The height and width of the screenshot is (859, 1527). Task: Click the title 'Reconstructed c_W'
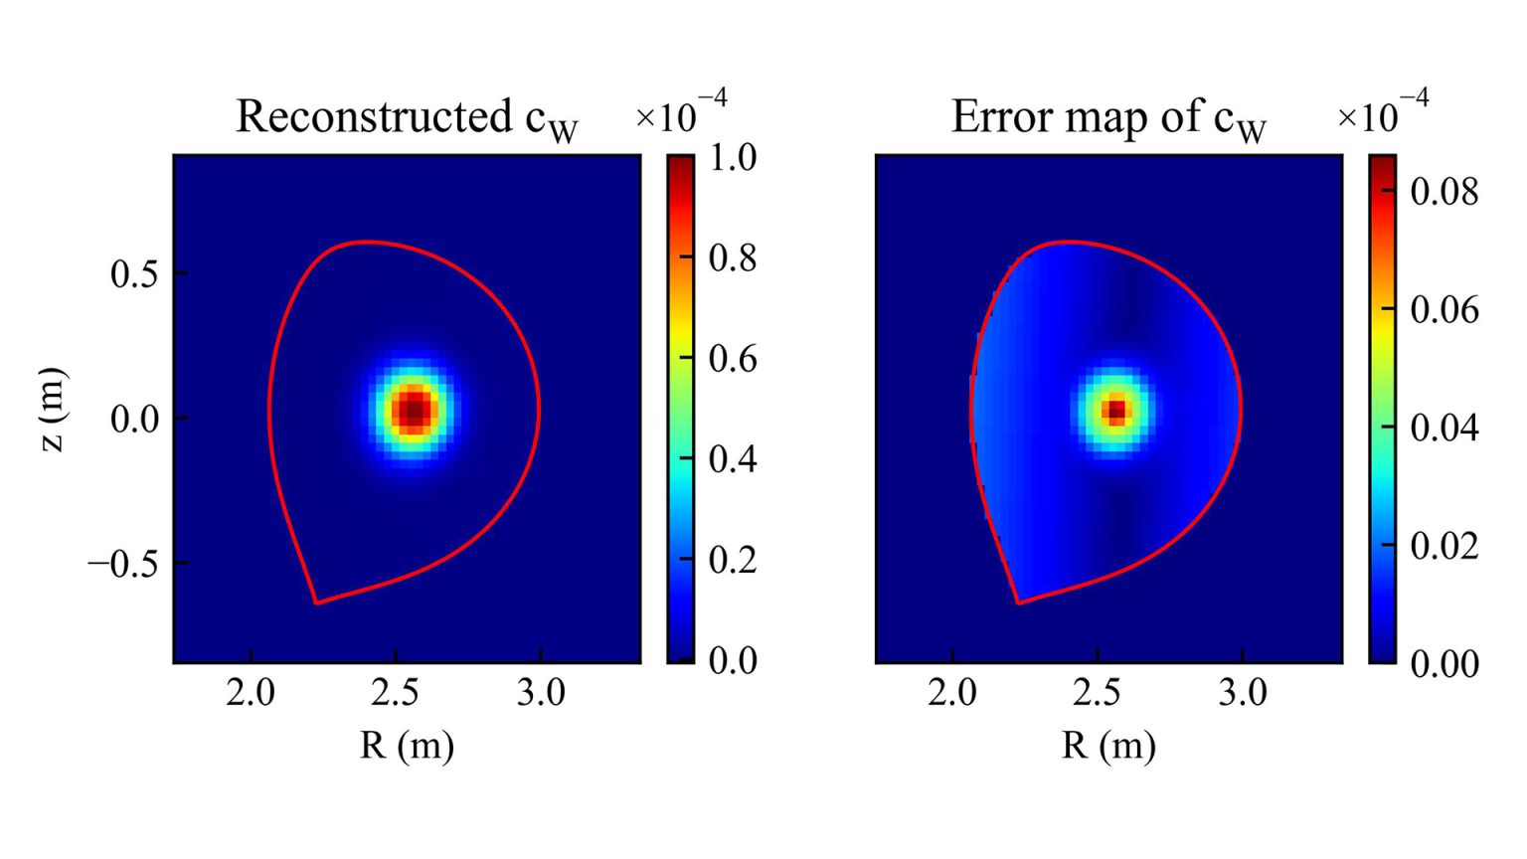406,118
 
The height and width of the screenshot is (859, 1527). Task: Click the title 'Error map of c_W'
1107,118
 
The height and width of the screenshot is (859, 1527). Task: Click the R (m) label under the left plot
407,745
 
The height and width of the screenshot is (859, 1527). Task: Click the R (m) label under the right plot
1108,745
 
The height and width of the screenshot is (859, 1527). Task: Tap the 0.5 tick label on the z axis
134,274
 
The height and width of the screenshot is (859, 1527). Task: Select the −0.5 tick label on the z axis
123,564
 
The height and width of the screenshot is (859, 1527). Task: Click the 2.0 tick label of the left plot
250,692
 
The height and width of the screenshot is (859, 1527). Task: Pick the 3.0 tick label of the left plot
540,692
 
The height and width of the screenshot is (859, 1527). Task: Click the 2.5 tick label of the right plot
1097,692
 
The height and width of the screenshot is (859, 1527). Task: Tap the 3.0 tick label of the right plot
1243,692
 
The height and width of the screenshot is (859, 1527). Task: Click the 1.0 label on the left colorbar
733,157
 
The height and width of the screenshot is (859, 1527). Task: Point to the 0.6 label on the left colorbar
733,358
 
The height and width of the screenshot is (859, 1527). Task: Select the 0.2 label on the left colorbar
733,560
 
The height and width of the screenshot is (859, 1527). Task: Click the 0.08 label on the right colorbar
1444,191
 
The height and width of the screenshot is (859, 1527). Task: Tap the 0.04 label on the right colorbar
1444,428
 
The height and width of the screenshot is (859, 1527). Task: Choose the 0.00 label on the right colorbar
1444,663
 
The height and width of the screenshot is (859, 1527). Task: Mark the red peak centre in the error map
1116,409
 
